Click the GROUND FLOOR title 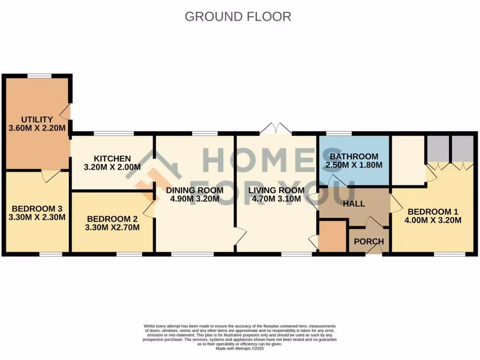[x=238, y=16]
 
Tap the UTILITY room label [x=37, y=120]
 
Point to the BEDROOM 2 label [x=112, y=218]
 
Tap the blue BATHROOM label [x=353, y=156]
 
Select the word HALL [x=354, y=204]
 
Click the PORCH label [x=369, y=241]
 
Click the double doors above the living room [x=276, y=129]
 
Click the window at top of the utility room [x=39, y=75]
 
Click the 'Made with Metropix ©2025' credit [x=240, y=349]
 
